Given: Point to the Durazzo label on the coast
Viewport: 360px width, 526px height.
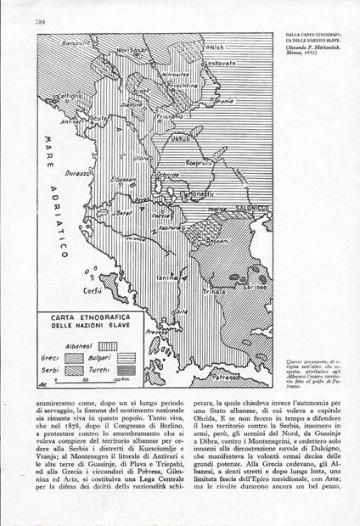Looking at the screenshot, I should pyautogui.click(x=75, y=172).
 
